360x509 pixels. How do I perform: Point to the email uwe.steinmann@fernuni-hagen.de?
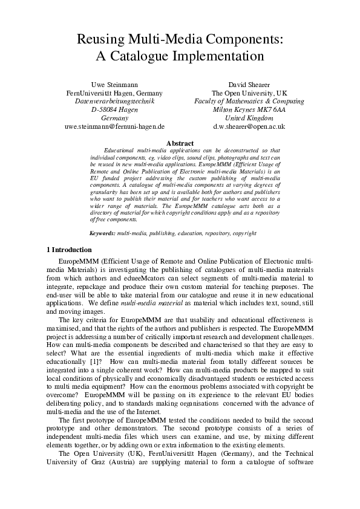[114, 127]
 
